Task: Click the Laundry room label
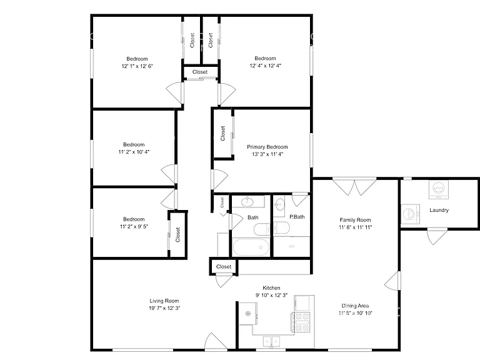[439, 210]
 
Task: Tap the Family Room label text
[355, 220]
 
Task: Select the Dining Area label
[355, 306]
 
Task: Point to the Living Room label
[164, 301]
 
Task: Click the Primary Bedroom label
[267, 147]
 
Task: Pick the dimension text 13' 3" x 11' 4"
[267, 154]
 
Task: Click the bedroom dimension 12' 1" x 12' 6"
[137, 66]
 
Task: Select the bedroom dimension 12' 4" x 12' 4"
[266, 66]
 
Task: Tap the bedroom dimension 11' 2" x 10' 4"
[134, 152]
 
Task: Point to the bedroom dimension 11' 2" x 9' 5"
[134, 226]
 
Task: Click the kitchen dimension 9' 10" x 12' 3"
[271, 295]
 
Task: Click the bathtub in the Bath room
[251, 247]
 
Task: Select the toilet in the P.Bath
[281, 227]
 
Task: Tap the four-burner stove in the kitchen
[301, 322]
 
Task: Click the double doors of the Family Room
[354, 186]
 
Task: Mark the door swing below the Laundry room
[437, 236]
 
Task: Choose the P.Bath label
[297, 217]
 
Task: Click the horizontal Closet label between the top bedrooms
[200, 72]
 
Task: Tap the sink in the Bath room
[247, 202]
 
